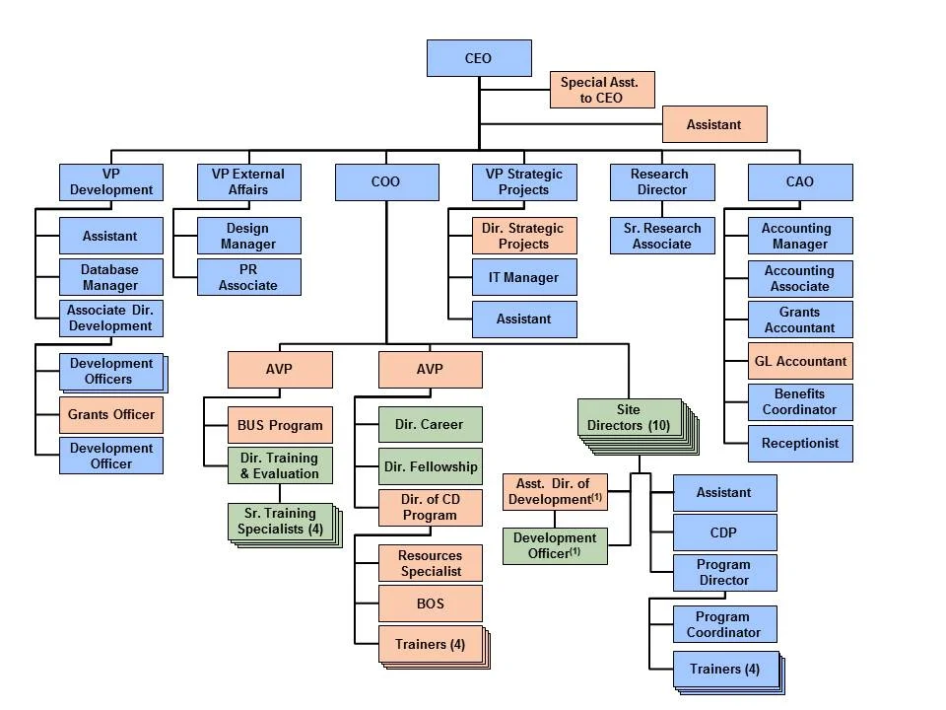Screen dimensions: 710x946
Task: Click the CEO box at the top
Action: pyautogui.click(x=479, y=58)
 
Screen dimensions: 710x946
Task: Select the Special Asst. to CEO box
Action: pyautogui.click(x=601, y=90)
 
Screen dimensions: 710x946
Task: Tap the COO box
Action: pyautogui.click(x=385, y=182)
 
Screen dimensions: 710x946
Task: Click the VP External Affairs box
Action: pyautogui.click(x=248, y=182)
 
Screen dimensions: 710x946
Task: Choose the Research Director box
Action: pyautogui.click(x=661, y=182)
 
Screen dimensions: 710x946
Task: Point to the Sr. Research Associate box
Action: pyautogui.click(x=661, y=236)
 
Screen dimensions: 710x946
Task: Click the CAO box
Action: pyautogui.click(x=799, y=182)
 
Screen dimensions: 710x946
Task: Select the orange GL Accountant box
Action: pyautogui.click(x=799, y=361)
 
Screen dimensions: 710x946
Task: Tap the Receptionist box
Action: pyautogui.click(x=799, y=444)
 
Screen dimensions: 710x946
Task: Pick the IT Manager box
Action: pyautogui.click(x=523, y=278)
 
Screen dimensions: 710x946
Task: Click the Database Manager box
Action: pyautogui.click(x=110, y=277)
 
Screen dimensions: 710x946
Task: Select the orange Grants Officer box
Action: pyautogui.click(x=110, y=415)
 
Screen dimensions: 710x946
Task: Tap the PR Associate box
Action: pyautogui.click(x=248, y=277)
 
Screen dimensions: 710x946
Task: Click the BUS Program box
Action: pyautogui.click(x=280, y=426)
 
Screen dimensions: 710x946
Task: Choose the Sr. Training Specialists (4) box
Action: pyautogui.click(x=280, y=522)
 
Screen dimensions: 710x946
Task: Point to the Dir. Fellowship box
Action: pyautogui.click(x=431, y=466)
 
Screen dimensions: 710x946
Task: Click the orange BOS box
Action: pyautogui.click(x=431, y=603)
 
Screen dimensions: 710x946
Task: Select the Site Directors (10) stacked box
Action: pyautogui.click(x=630, y=418)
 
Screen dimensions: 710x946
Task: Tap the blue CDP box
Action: pyautogui.click(x=724, y=532)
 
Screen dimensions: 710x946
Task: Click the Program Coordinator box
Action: pyautogui.click(x=724, y=624)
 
